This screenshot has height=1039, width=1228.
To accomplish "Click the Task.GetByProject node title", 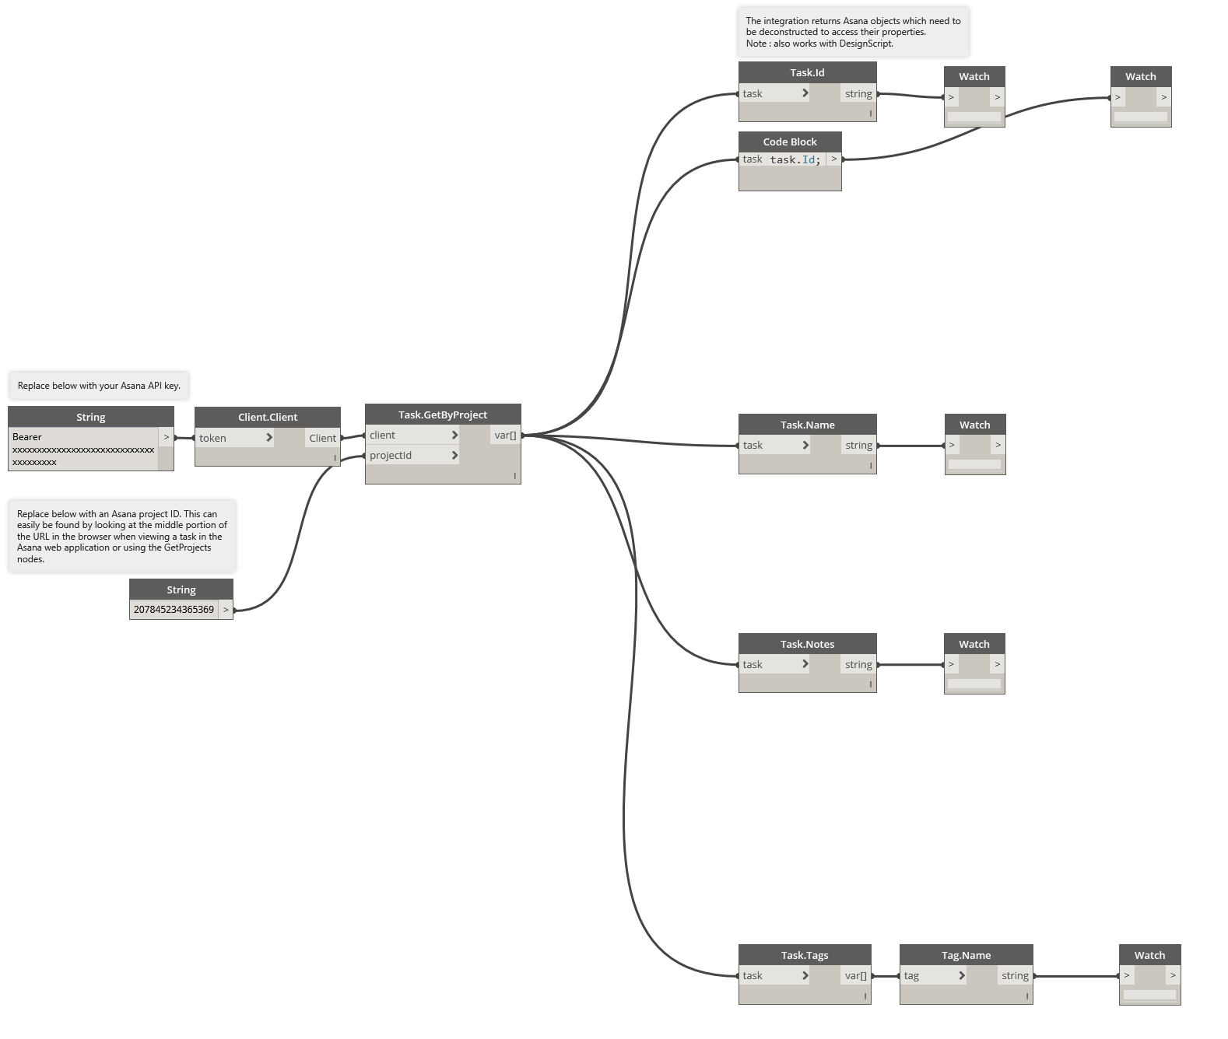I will point(442,415).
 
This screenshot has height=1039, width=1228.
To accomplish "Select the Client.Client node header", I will point(268,417).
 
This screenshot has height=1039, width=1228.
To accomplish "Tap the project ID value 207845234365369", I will point(174,610).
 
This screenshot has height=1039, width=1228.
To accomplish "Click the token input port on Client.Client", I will point(233,438).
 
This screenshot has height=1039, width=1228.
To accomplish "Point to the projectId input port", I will point(412,455).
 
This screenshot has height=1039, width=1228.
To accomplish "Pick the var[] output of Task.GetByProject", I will point(505,436).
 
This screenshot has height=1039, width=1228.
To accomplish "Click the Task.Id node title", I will point(807,72).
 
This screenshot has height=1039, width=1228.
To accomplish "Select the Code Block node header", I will point(790,142).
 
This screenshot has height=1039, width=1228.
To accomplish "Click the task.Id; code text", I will point(795,159).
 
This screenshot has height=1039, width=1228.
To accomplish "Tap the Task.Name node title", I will point(807,425).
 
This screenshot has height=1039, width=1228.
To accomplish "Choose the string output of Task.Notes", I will point(859,664).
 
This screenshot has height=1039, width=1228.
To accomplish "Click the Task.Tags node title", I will point(805,955).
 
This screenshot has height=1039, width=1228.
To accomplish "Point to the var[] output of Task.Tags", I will point(855,975).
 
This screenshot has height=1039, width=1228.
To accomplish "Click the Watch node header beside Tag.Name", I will point(1149,955).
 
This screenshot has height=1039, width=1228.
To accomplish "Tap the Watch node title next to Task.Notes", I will point(974,644).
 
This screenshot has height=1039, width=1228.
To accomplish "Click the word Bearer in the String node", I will point(27,437).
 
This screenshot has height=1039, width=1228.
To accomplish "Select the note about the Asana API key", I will point(99,386).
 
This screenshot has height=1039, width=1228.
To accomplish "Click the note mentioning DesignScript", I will point(853,33).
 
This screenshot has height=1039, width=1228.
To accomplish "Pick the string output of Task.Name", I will point(859,445).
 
